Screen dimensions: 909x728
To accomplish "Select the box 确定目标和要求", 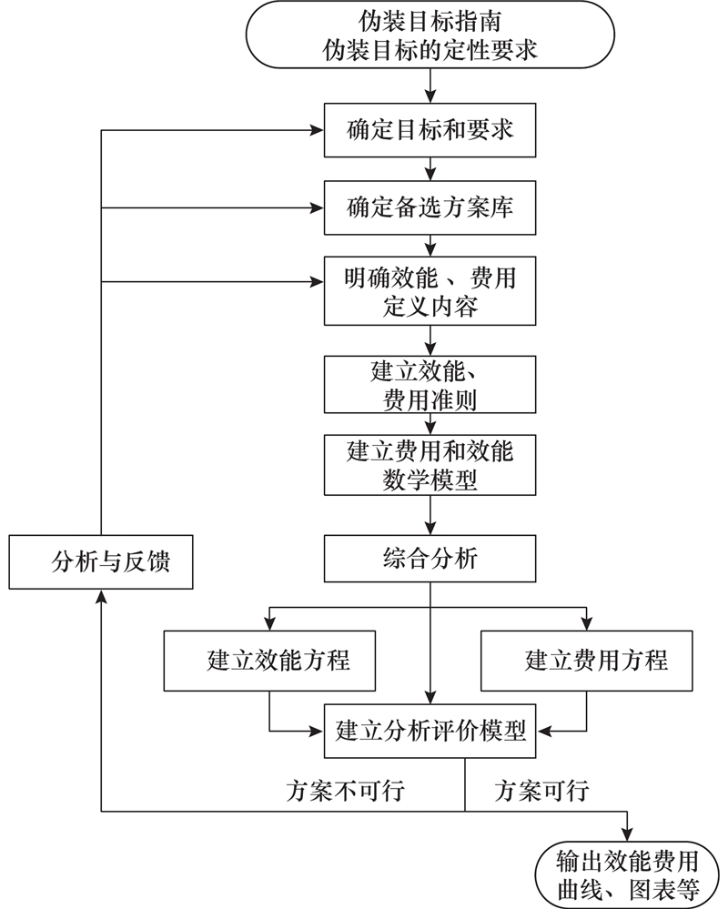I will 430,130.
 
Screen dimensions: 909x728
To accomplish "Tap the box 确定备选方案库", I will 430,208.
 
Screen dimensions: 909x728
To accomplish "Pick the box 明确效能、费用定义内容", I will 430,290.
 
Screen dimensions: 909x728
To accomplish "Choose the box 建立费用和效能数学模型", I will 430,465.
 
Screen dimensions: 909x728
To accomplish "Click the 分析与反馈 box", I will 102,561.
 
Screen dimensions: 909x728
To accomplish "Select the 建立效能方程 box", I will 270,661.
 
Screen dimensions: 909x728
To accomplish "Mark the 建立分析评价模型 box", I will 430,729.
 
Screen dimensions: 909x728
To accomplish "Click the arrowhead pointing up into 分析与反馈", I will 102,593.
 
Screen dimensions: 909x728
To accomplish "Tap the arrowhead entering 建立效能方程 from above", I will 270,624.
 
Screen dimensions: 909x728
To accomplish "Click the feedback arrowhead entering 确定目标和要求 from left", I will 319,130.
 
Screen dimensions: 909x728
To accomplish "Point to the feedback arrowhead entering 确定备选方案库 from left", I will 319,208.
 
